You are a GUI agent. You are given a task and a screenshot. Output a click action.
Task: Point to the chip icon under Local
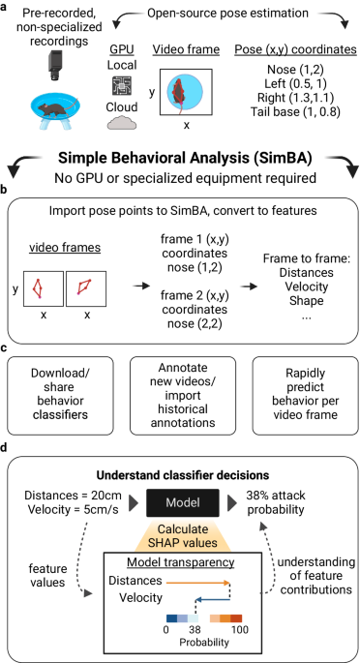[120, 82]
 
